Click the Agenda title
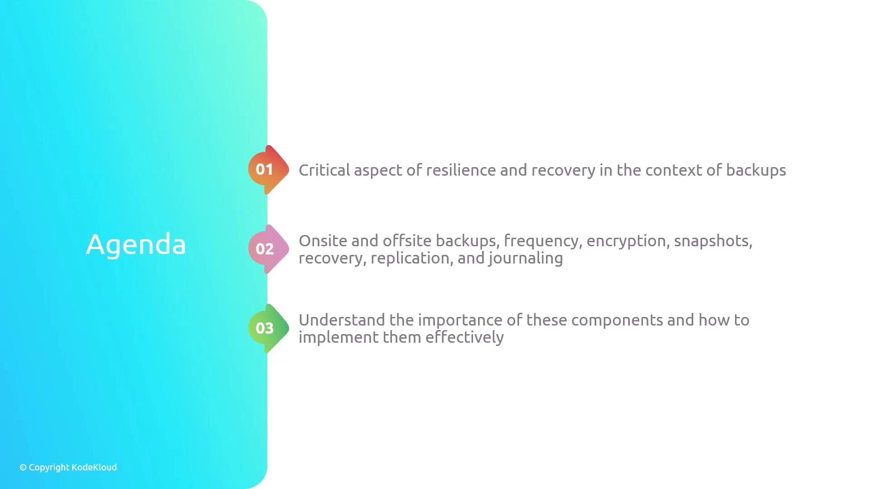[x=136, y=245]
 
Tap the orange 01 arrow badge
[x=269, y=170]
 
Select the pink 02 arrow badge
[x=269, y=249]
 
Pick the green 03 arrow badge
[x=269, y=328]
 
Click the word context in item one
[x=673, y=171]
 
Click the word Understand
[x=342, y=320]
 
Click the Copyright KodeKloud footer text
[x=68, y=467]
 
